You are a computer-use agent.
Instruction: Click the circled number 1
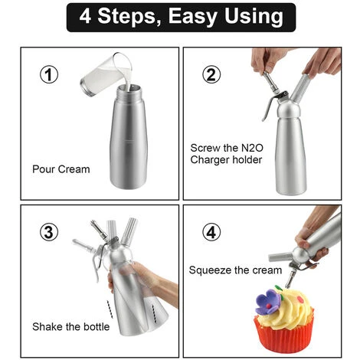tap(49, 74)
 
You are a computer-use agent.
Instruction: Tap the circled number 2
tap(211, 74)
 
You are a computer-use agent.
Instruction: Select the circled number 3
tap(49, 232)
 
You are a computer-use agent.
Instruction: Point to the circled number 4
tap(211, 232)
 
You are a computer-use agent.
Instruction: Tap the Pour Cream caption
tap(61, 169)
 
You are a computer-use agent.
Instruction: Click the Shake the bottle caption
tap(71, 327)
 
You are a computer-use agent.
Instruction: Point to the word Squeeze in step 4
tap(209, 270)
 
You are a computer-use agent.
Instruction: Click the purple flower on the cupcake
tap(268, 302)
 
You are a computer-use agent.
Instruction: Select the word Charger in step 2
tap(207, 160)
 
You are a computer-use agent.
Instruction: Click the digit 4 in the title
tap(85, 16)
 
